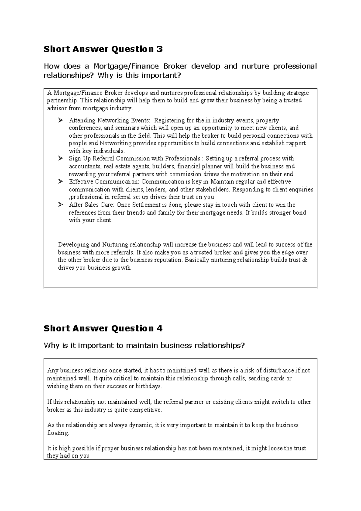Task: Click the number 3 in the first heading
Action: [160, 49]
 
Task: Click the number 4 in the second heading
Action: [160, 328]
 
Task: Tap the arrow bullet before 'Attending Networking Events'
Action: [60, 121]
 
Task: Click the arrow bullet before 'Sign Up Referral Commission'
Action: [60, 158]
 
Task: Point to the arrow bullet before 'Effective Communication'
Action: [60, 182]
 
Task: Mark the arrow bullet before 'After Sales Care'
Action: [60, 205]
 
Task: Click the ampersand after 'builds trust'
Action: [305, 260]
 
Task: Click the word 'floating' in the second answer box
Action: [58, 433]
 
